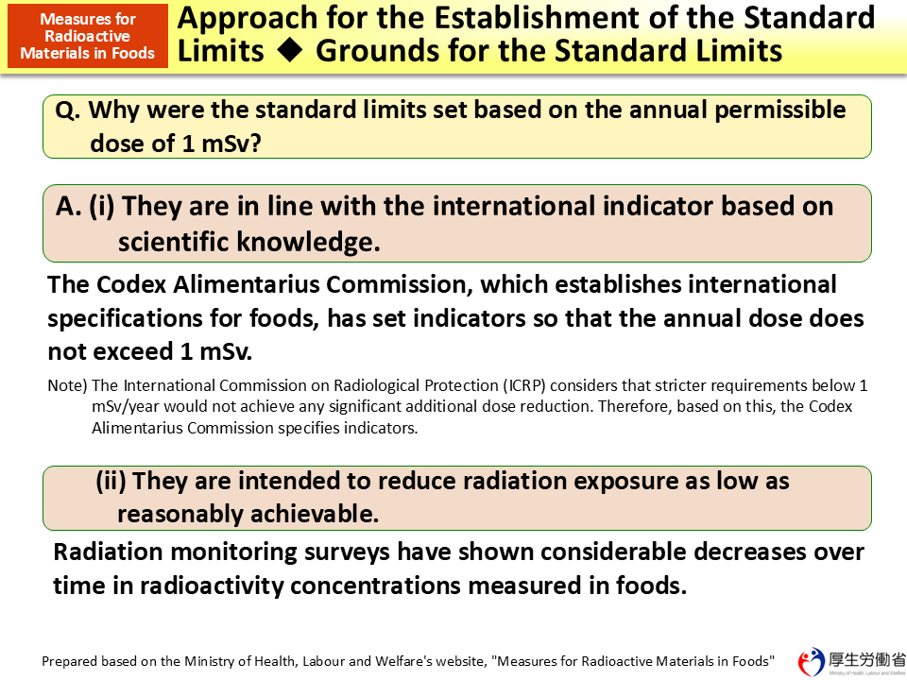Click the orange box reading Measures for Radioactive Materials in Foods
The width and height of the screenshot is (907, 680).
[x=87, y=36]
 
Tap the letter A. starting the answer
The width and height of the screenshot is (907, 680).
[x=69, y=206]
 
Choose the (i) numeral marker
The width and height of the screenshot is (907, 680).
[x=102, y=206]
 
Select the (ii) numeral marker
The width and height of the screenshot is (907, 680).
[x=111, y=481]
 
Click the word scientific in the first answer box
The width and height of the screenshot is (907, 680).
[x=176, y=243]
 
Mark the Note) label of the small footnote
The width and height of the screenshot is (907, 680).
[x=67, y=385]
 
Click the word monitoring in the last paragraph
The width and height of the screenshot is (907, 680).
[x=220, y=552]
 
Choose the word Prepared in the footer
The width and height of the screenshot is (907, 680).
[x=71, y=661]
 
